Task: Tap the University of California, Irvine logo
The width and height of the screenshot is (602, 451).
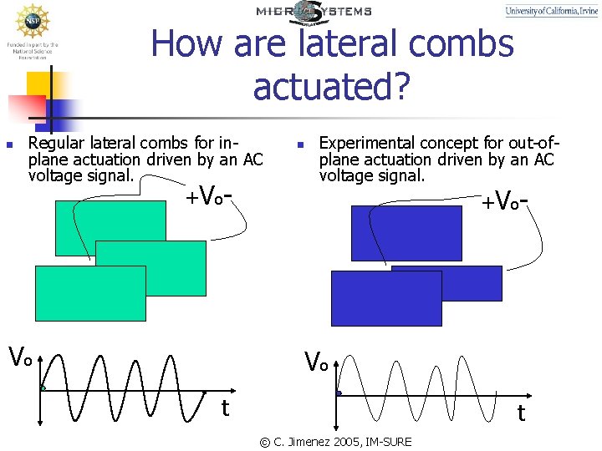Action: coord(552,11)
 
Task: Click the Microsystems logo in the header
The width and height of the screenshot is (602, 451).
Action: coord(314,12)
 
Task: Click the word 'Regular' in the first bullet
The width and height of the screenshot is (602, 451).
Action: coord(54,143)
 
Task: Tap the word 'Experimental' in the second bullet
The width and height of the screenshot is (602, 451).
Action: coord(363,143)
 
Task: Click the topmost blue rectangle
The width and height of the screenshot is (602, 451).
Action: coord(406,233)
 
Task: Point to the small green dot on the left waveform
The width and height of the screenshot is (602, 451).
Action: coord(43,388)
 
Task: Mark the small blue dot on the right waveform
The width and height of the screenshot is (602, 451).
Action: coord(339,393)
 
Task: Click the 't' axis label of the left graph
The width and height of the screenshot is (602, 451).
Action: coord(224,408)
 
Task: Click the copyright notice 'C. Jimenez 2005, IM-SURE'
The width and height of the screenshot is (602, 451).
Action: coord(335,441)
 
